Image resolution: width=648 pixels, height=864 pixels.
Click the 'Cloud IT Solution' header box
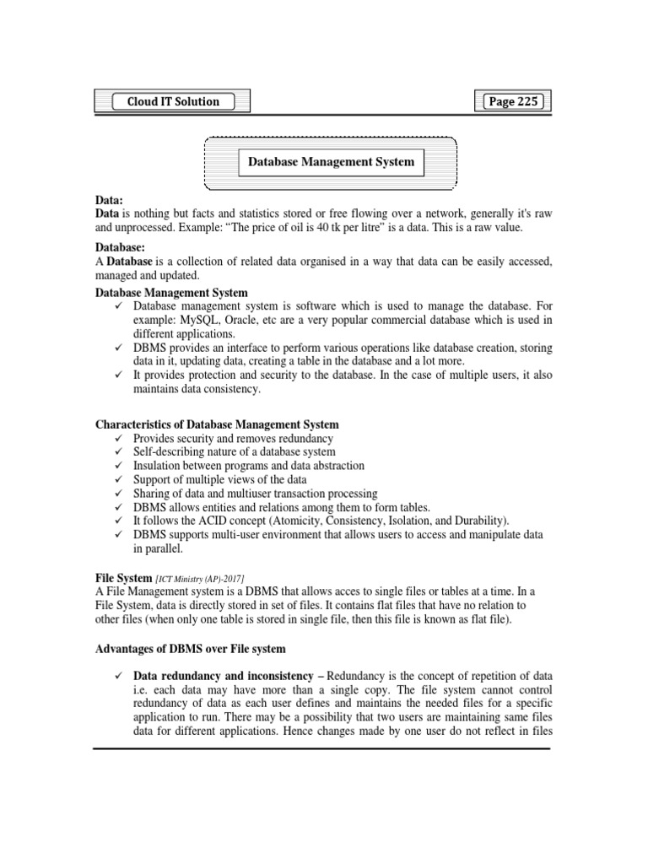[173, 102]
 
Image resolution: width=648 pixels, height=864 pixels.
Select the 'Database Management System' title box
[330, 161]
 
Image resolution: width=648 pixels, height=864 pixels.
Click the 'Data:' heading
[108, 202]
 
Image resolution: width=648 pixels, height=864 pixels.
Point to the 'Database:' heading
[120, 248]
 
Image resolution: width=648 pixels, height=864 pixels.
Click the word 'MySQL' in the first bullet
[197, 320]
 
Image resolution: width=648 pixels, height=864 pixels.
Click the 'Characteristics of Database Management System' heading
[217, 424]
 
